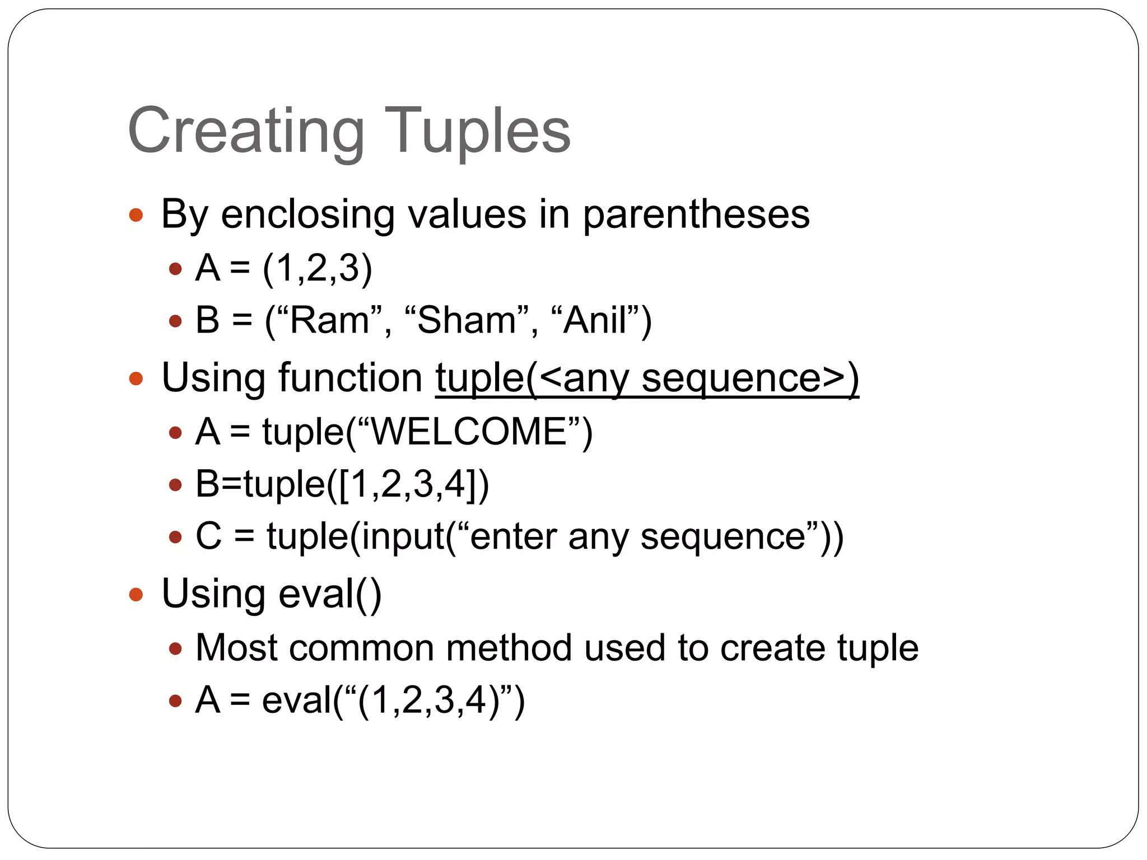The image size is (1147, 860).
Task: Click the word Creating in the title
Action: click(246, 132)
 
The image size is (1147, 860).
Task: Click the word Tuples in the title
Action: click(477, 132)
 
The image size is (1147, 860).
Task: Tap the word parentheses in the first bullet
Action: click(696, 215)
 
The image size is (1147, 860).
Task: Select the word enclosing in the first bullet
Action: click(307, 215)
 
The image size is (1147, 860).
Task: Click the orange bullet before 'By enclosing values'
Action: click(136, 215)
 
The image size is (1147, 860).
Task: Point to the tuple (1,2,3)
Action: click(318, 268)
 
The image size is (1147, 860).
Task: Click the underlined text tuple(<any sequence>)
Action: click(647, 378)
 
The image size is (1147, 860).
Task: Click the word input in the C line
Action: click(402, 537)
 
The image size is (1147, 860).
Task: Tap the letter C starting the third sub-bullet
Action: click(208, 536)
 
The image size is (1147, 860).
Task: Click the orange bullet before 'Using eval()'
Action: click(136, 594)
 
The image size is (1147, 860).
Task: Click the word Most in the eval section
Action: click(236, 648)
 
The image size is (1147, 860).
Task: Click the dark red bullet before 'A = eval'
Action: click(175, 701)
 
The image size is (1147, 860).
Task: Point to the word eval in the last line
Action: click(297, 700)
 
